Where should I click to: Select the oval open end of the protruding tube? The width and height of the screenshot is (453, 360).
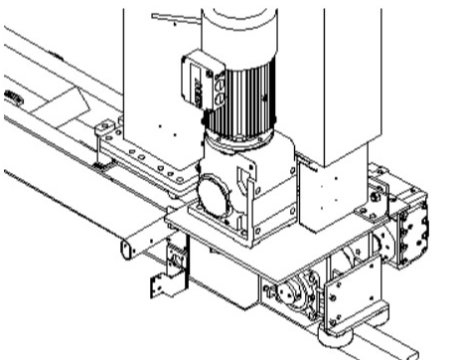126,247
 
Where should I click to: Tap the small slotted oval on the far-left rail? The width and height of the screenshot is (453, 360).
12,96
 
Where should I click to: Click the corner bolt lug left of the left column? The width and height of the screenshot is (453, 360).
102,128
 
